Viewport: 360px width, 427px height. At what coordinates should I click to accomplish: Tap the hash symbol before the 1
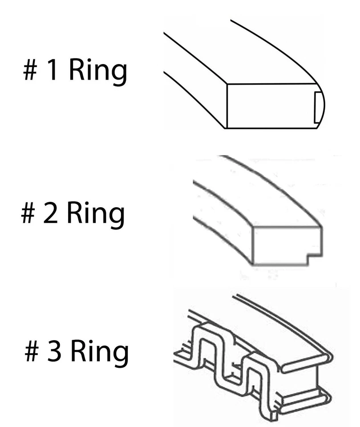coord(30,71)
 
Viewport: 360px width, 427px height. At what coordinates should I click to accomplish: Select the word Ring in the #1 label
coord(97,72)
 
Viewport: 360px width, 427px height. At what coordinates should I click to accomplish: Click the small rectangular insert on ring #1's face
coord(318,106)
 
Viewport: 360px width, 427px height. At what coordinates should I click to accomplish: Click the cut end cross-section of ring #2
coord(285,245)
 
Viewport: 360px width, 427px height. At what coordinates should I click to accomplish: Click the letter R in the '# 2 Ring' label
coord(74,214)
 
